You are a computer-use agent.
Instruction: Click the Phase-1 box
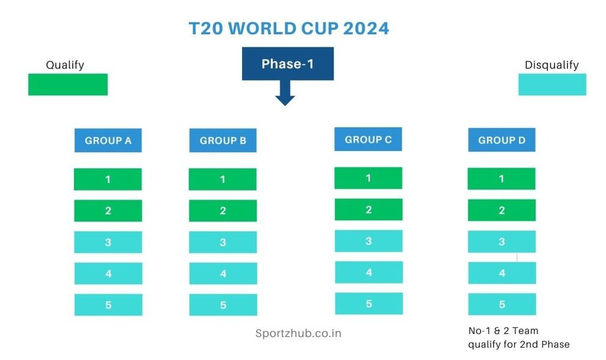point(288,64)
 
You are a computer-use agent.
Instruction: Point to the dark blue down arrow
point(285,93)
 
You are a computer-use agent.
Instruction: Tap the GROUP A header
point(108,140)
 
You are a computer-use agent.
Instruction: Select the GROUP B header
point(223,140)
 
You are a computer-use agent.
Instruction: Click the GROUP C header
point(368,139)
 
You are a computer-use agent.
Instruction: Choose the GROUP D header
point(502,140)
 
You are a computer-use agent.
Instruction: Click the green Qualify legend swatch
point(68,84)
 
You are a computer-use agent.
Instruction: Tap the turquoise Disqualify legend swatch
point(552,84)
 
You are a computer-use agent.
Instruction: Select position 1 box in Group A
point(108,179)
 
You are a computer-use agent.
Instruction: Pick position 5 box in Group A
point(108,305)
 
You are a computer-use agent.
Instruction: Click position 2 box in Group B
point(223,211)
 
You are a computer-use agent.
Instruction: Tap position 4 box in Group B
point(223,274)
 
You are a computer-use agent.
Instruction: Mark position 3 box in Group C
point(369,241)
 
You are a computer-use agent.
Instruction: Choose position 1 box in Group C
point(368,178)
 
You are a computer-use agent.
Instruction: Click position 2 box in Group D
point(502,210)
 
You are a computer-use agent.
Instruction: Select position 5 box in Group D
point(502,304)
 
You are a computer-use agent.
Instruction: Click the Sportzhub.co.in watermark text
point(298,333)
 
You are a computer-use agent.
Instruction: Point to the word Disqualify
point(552,65)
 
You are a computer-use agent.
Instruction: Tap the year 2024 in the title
point(366,28)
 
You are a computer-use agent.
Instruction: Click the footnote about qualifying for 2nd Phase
point(518,337)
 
